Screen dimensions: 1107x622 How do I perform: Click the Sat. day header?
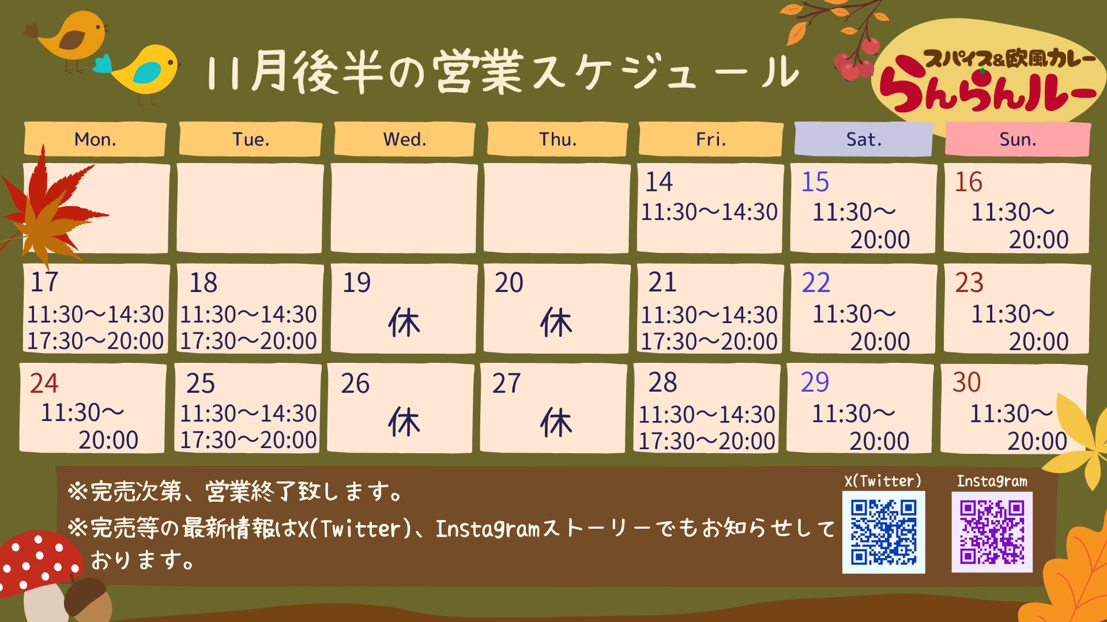coord(864,139)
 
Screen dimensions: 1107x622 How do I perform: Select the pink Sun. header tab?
coord(1018,139)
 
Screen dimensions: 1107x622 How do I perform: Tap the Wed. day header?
coord(405,139)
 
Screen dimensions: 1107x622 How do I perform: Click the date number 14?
coord(658,182)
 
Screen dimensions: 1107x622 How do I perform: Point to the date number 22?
coord(816,282)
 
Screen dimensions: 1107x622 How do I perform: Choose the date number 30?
coord(967,382)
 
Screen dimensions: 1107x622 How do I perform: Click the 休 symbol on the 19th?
coord(404,322)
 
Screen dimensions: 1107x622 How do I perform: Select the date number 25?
coord(200,384)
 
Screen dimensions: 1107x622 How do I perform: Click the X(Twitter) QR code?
coord(884,532)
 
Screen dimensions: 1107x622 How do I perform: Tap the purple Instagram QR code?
coord(992,532)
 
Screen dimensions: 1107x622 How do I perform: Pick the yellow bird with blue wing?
coord(141,72)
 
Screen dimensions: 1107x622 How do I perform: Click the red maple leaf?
coord(49,204)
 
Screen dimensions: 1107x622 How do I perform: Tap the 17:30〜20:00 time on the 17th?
coord(95,341)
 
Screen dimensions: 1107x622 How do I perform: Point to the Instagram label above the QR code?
coord(992,481)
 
